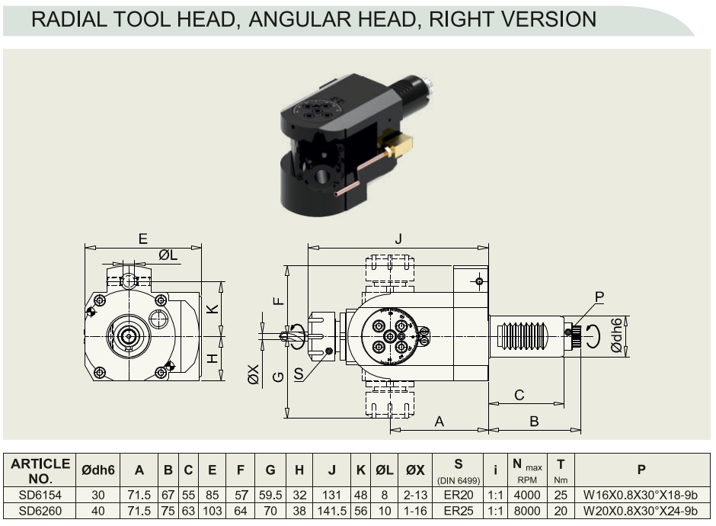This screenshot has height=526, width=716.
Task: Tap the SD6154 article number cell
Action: (40, 495)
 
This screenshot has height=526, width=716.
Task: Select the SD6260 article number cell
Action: (40, 511)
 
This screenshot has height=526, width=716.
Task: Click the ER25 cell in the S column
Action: (458, 511)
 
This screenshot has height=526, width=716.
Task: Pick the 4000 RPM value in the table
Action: (527, 495)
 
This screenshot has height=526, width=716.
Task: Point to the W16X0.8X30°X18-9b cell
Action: (640, 495)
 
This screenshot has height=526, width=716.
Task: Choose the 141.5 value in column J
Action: (331, 511)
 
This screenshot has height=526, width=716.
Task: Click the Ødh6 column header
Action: (97, 470)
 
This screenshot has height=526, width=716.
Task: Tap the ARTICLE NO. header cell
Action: (40, 471)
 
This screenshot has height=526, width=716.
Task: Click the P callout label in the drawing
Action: (599, 297)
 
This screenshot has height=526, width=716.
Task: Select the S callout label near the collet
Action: (299, 374)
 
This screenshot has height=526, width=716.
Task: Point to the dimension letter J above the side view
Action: (398, 239)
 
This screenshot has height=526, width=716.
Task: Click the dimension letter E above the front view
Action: (143, 239)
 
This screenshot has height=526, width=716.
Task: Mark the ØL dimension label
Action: (168, 255)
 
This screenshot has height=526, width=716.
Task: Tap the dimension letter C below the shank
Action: (519, 395)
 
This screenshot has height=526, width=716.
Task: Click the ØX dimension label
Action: (254, 374)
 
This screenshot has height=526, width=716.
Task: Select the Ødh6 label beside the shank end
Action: (616, 336)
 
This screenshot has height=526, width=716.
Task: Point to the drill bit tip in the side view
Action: (280, 337)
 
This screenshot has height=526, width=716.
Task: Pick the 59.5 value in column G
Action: (270, 495)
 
